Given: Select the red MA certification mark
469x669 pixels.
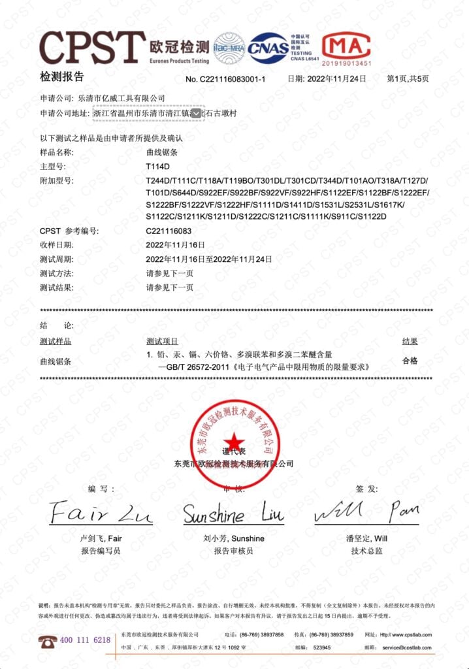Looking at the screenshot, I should click(346, 46).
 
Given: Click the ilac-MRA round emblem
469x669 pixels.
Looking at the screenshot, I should click(229, 48).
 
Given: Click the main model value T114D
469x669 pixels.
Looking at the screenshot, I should click(158, 166).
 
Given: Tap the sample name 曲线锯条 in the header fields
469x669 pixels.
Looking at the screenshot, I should click(162, 152).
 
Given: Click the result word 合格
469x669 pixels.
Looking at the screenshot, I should click(410, 360).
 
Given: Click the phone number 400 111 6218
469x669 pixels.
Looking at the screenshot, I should click(85, 640).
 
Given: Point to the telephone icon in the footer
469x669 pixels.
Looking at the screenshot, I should click(47, 640).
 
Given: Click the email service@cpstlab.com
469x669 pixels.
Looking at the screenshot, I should click(407, 647).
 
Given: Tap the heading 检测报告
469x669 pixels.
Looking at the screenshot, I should click(62, 77).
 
